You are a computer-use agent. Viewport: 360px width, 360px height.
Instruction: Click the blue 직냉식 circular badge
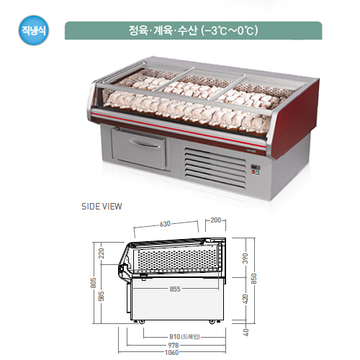[x=34, y=30]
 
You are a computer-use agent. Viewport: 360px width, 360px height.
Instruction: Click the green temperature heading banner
[x=194, y=30]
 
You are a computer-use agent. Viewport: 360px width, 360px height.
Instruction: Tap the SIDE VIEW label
[x=102, y=207]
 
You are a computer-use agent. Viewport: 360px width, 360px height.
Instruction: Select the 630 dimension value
[x=165, y=224]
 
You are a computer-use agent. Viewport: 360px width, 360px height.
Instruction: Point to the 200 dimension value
[x=215, y=220]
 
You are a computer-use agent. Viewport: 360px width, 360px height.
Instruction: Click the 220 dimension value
[x=102, y=253]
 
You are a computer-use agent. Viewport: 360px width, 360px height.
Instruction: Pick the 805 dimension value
[x=94, y=283]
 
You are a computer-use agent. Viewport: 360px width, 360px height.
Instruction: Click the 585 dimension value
[x=102, y=296]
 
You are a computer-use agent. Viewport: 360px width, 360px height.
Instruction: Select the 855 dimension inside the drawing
[x=175, y=289]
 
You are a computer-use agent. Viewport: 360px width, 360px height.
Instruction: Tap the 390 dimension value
[x=246, y=258]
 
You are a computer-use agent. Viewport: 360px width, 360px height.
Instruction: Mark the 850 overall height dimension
[x=253, y=279]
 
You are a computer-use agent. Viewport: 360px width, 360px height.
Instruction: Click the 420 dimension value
[x=246, y=299]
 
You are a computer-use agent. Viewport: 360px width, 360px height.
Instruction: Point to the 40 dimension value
[x=246, y=333]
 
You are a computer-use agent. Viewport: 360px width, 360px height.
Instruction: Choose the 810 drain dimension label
[x=184, y=337]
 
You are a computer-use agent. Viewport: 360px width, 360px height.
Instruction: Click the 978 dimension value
[x=174, y=345]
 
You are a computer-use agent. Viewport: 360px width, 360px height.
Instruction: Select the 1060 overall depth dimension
[x=172, y=352]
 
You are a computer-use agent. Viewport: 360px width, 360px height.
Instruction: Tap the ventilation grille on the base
[x=215, y=168]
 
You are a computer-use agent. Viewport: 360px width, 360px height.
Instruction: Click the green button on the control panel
[x=258, y=172]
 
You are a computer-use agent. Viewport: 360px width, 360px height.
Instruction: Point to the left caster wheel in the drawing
[x=141, y=323]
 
